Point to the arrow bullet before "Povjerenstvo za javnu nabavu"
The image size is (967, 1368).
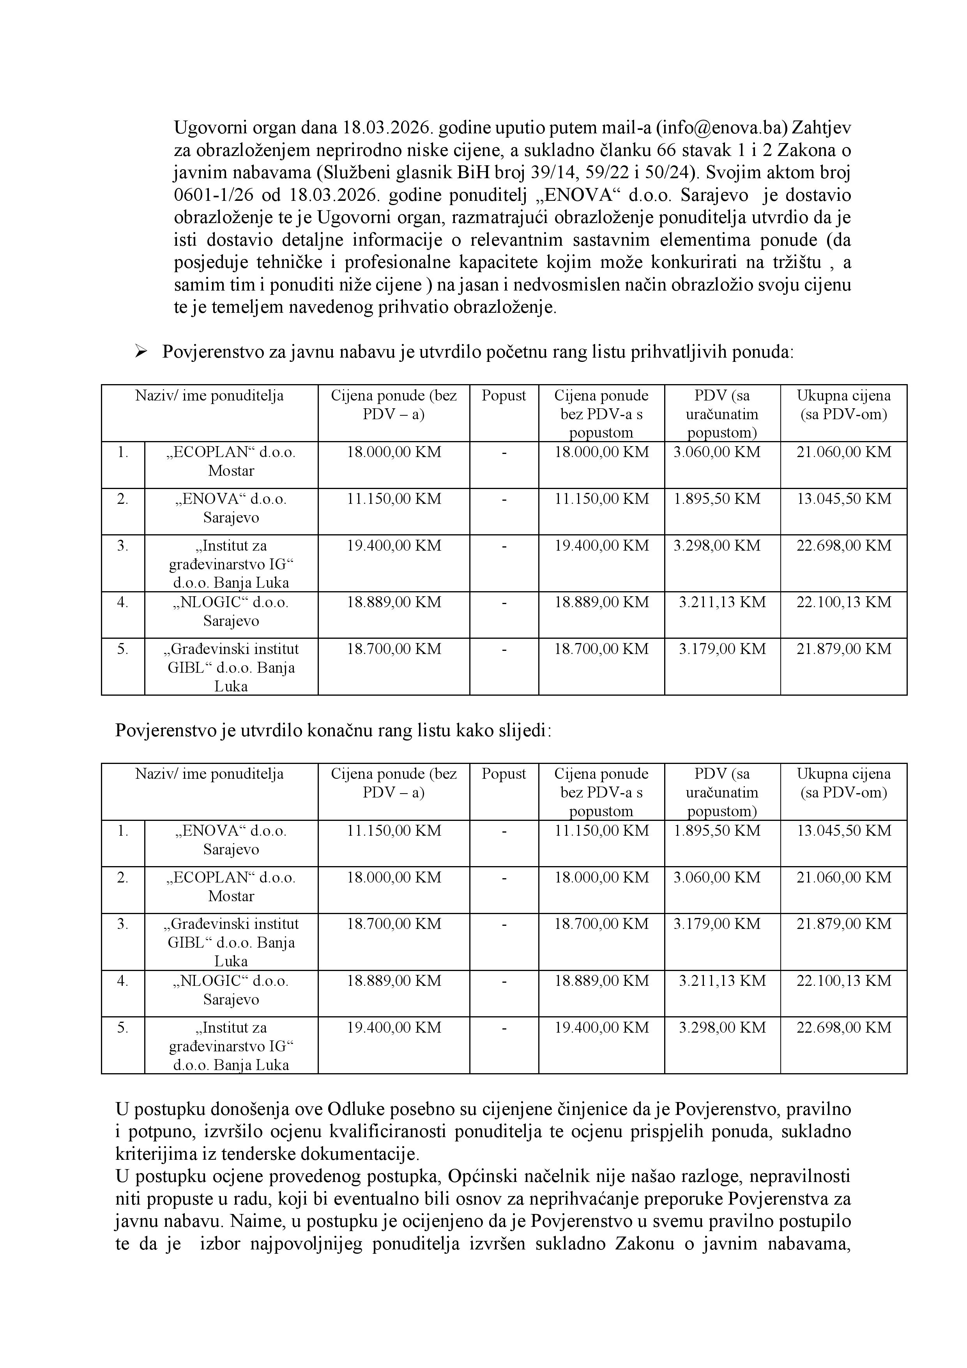tap(141, 351)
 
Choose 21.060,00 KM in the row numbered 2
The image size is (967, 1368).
tap(844, 877)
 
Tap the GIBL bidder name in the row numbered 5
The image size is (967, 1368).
tap(231, 667)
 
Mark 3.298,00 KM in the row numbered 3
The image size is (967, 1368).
tap(717, 545)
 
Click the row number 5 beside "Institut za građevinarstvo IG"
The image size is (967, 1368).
tap(123, 1027)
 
